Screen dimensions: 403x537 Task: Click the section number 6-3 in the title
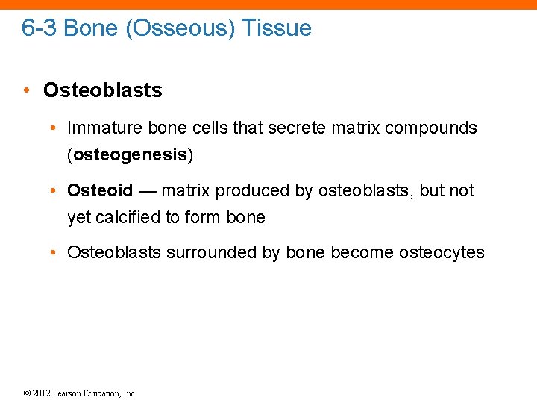pos(40,28)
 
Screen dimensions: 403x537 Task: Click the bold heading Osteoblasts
pos(102,90)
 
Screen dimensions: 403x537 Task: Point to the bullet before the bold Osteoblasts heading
pos(26,91)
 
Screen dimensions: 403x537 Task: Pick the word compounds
pos(431,128)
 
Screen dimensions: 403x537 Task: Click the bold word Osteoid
pos(100,190)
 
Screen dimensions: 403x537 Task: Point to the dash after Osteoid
pos(147,191)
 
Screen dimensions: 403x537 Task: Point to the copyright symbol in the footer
pos(27,393)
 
